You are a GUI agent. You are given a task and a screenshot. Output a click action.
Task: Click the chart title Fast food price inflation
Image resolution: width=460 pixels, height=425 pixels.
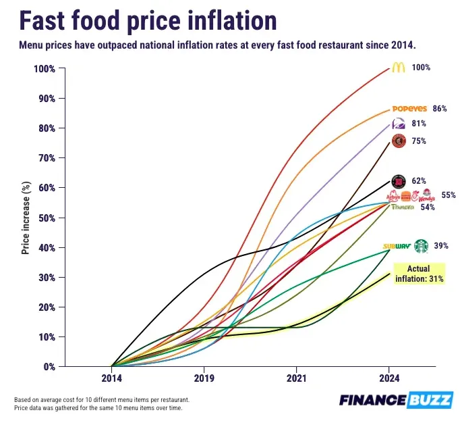pyautogui.click(x=148, y=21)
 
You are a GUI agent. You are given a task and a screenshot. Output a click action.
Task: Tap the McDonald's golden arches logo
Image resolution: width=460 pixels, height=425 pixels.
pyautogui.click(x=399, y=68)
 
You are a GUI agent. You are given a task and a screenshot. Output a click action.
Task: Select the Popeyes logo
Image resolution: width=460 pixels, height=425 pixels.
pyautogui.click(x=410, y=109)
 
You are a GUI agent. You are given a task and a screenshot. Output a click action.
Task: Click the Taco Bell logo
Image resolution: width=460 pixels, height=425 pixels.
pyautogui.click(x=399, y=124)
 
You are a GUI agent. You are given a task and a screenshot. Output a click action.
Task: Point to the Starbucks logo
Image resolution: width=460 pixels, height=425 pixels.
pyautogui.click(x=421, y=246)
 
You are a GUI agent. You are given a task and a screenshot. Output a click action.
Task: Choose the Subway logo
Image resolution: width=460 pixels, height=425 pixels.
pyautogui.click(x=397, y=246)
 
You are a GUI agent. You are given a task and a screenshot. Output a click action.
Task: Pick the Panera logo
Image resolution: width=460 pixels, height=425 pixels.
pyautogui.click(x=403, y=207)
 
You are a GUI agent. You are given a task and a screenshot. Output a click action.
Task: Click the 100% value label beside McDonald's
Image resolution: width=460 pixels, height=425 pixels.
pyautogui.click(x=421, y=68)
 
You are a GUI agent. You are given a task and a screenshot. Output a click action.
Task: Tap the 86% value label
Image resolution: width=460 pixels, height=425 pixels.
pyautogui.click(x=439, y=109)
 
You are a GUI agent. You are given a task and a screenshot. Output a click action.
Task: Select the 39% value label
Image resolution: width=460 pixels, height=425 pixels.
pyautogui.click(x=442, y=246)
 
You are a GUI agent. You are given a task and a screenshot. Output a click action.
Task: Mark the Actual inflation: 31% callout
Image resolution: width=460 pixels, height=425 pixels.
pyautogui.click(x=418, y=274)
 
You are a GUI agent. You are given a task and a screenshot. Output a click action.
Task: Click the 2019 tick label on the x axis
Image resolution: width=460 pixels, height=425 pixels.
pyautogui.click(x=204, y=378)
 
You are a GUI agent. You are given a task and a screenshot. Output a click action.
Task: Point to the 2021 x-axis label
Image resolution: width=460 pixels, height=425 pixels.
pyautogui.click(x=297, y=378)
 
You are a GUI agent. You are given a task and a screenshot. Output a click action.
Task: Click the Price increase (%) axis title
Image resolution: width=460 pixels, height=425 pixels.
pyautogui.click(x=26, y=218)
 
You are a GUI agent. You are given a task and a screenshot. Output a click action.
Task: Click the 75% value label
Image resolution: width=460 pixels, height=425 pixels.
pyautogui.click(x=419, y=141)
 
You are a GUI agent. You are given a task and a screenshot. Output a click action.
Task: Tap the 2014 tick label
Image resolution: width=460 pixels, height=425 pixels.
pyautogui.click(x=111, y=378)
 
